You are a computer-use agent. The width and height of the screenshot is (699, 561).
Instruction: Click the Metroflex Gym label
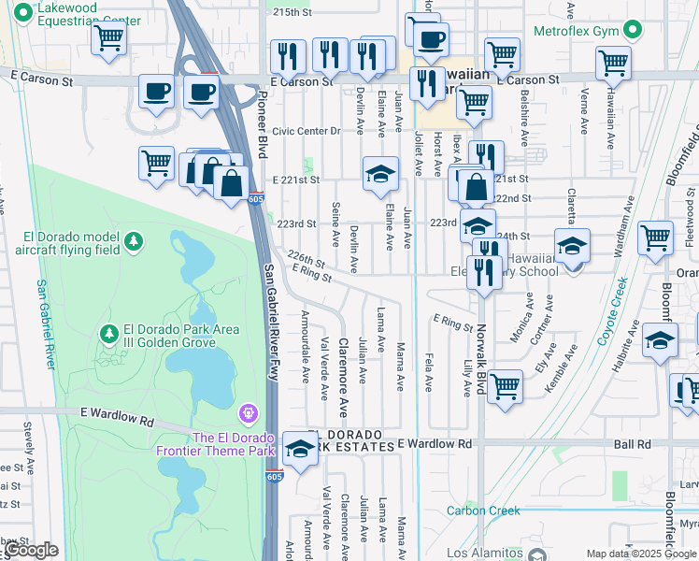click(577, 31)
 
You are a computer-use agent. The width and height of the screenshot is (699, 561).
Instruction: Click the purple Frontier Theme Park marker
click(248, 412)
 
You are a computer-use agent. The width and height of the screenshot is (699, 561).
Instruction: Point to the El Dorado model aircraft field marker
click(134, 242)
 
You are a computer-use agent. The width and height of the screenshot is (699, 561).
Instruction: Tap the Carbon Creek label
click(482, 511)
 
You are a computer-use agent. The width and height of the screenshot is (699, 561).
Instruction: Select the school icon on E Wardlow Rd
click(300, 450)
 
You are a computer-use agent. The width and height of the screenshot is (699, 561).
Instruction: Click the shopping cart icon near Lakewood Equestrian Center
click(109, 39)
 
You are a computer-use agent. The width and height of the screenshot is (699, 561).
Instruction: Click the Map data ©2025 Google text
click(641, 554)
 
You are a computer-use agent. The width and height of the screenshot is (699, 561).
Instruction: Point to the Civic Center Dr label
click(307, 131)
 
